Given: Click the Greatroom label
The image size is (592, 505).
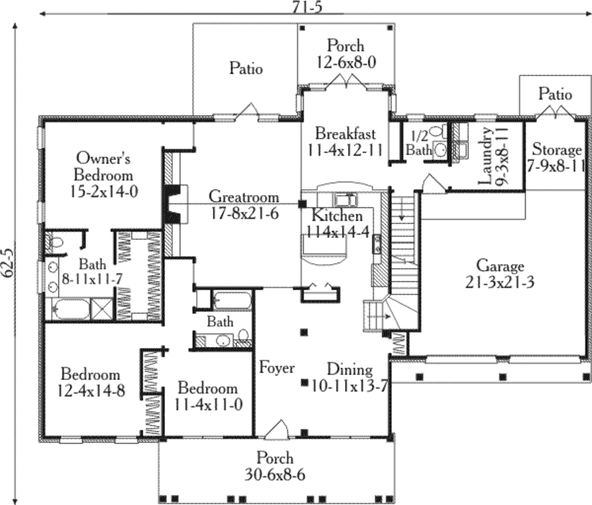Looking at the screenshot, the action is point(244,196).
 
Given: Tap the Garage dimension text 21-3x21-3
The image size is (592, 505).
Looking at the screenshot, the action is point(500,282).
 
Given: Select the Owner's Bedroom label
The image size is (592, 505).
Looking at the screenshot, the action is point(103,166).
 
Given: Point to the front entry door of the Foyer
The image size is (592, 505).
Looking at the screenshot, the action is point(277,429).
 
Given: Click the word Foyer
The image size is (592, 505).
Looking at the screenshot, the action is point(277,368).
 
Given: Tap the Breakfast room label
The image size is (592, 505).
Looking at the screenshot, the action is point(346,133).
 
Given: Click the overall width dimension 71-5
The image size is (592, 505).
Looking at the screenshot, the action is point(308,8).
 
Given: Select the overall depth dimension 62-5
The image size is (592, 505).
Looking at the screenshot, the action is point(8,263).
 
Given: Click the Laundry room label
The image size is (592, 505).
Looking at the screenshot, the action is point(486,156).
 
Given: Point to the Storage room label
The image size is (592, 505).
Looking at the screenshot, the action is point(557,150).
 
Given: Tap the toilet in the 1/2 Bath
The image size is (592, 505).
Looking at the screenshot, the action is point(438,132).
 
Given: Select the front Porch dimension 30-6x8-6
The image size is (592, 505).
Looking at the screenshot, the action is point(275,474).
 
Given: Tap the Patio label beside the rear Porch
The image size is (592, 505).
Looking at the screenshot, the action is point(246,69).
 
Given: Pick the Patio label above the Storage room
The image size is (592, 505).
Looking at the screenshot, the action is point(555,94).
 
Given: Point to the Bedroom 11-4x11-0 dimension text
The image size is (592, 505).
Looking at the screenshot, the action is point(208,405).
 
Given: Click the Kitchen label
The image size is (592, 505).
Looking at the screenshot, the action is point(337,216).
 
